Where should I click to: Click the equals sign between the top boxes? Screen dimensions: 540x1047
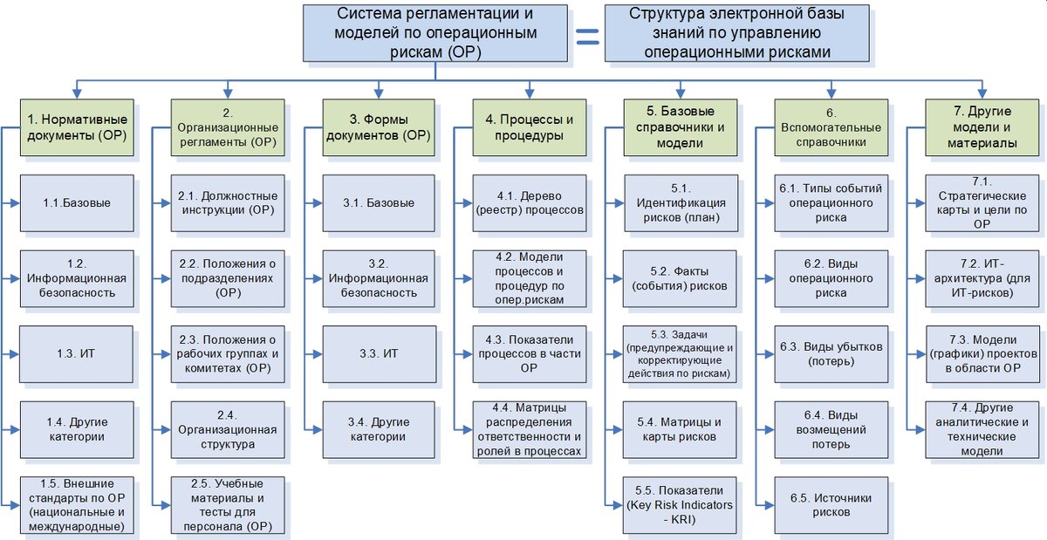click(586, 35)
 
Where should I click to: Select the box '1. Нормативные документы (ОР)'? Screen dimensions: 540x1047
click(78, 127)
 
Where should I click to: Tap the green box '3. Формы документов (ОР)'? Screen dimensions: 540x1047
click(379, 127)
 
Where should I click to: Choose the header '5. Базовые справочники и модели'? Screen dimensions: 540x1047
click(681, 127)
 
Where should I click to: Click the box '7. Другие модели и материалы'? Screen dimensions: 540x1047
click(982, 127)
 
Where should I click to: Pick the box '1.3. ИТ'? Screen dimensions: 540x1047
click(78, 354)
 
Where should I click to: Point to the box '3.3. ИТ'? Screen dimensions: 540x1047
click(379, 354)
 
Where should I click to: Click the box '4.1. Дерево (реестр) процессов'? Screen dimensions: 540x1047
click(530, 203)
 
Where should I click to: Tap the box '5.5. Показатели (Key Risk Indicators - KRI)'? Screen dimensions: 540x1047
click(681, 505)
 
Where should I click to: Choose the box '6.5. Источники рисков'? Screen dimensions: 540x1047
click(831, 505)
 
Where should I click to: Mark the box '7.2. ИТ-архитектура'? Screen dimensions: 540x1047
click(982, 279)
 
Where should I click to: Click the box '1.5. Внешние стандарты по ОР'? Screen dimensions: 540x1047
click(78, 505)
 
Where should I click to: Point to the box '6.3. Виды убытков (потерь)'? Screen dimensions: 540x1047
click(831, 354)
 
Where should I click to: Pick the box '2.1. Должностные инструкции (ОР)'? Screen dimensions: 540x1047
click(228, 203)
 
